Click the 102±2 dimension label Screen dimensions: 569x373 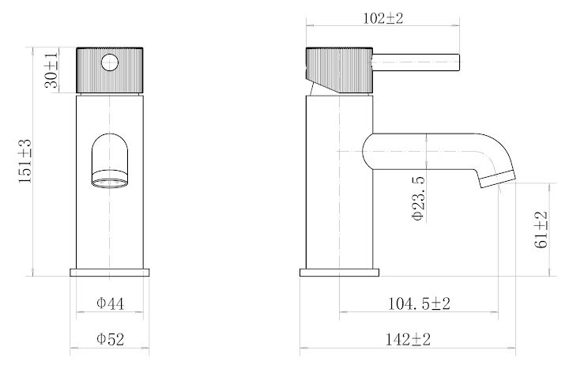[383, 18]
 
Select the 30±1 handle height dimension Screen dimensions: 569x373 [51, 70]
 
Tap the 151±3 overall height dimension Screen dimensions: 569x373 [25, 161]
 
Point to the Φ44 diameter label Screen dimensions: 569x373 [110, 303]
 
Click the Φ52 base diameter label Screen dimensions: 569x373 [110, 339]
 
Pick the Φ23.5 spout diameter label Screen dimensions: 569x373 [418, 198]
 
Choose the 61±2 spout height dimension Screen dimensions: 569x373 [541, 230]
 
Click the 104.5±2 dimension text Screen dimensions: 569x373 [419, 303]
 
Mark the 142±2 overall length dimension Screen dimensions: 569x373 [408, 340]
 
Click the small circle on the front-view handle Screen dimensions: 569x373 [110, 62]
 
